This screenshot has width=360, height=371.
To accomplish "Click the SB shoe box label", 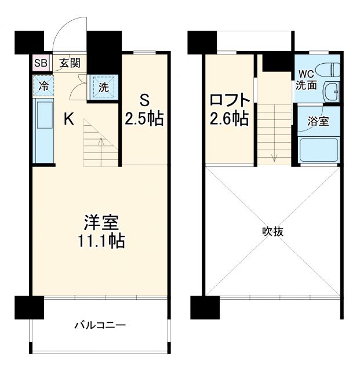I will coord(40,63).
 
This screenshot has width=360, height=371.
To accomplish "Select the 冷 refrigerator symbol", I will coord(44,86).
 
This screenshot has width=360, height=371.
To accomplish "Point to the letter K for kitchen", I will coord(68,120).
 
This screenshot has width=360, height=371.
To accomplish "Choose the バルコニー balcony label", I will coord(100,325).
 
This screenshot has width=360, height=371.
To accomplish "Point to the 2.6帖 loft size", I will coord(230,119).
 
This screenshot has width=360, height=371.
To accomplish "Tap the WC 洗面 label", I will coord(307,79).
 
